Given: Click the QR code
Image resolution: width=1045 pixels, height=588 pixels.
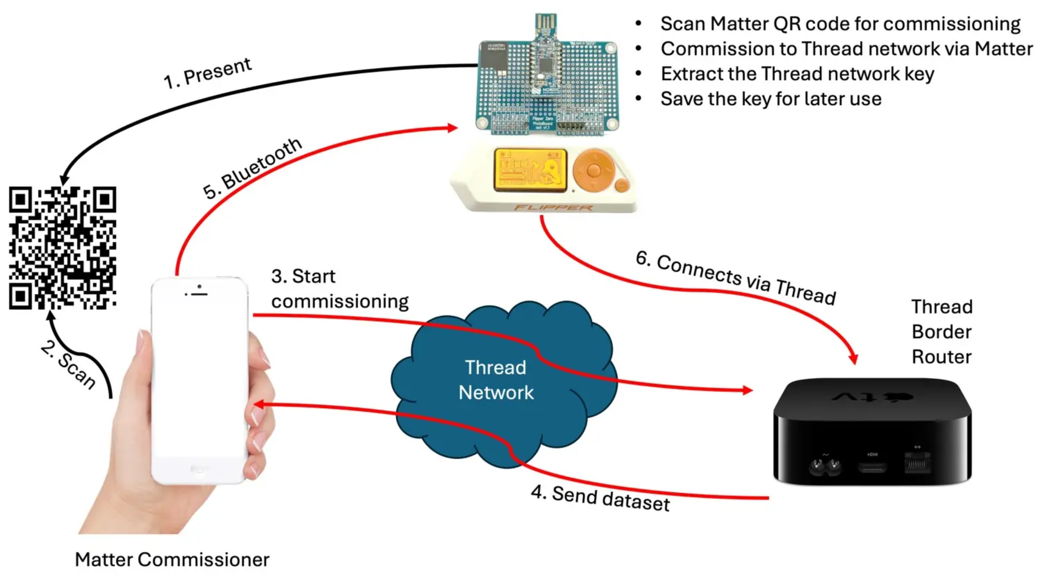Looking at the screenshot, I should click(x=63, y=248).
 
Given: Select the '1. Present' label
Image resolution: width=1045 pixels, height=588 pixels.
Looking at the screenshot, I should click(x=208, y=73).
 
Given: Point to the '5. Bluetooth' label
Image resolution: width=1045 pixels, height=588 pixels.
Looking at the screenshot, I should click(x=252, y=169).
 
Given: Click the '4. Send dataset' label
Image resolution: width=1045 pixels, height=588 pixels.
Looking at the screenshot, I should click(x=600, y=498).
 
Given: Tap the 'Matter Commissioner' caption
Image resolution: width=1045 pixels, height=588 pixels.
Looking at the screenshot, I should click(x=172, y=560).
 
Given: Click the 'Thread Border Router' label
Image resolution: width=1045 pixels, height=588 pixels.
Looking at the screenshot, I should click(x=942, y=332).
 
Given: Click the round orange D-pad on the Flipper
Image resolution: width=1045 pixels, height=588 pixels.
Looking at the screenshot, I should click(x=593, y=170).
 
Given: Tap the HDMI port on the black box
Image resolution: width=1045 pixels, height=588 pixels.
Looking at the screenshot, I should click(x=872, y=468).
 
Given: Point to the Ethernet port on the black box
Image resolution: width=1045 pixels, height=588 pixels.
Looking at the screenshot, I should click(x=917, y=463).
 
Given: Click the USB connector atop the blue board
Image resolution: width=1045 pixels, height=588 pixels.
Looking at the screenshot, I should click(x=546, y=23).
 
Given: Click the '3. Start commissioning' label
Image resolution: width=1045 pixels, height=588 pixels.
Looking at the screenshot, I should click(x=340, y=289).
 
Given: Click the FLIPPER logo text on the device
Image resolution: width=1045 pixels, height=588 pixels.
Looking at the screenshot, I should click(x=554, y=208).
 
